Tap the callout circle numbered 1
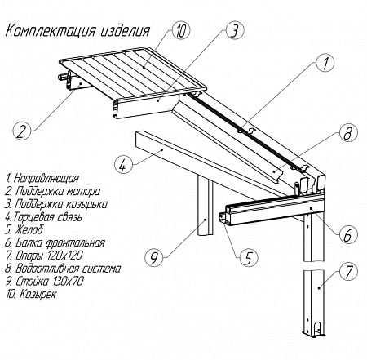tap(325, 63)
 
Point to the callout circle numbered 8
tap(348, 133)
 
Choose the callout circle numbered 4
tap(124, 165)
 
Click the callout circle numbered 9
tap(154, 256)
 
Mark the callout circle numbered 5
tap(249, 256)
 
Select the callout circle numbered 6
tap(348, 234)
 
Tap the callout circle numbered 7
tap(348, 272)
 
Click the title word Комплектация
tap(51, 31)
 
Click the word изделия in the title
tap(126, 31)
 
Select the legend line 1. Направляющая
tap(42, 178)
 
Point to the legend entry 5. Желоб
tap(24, 230)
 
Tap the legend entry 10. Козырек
tap(31, 294)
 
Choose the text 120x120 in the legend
tap(65, 256)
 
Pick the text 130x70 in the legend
tap(66, 281)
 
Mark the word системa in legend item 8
tap(101, 269)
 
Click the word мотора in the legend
tap(83, 191)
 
